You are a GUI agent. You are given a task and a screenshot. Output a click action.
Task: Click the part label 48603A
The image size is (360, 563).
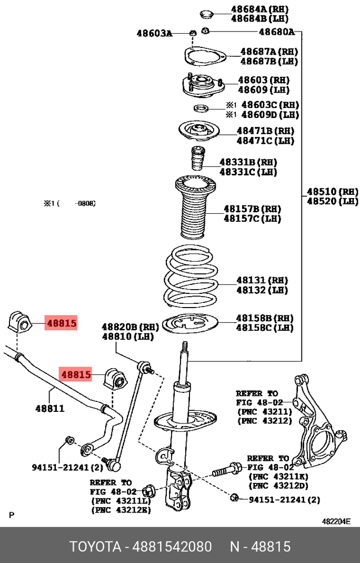(x=154, y=33)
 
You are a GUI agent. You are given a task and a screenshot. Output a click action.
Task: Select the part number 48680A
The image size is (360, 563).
(x=276, y=32)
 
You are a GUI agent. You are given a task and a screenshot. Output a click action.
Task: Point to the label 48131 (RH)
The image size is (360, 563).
(x=262, y=280)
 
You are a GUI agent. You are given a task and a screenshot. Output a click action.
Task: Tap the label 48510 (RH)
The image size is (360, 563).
(x=332, y=191)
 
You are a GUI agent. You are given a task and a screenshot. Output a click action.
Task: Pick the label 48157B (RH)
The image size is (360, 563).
(x=253, y=209)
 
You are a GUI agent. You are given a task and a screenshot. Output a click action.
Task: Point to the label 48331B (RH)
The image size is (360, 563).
(x=248, y=162)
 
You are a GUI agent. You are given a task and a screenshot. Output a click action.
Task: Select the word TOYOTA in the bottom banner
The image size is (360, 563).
(x=95, y=546)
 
